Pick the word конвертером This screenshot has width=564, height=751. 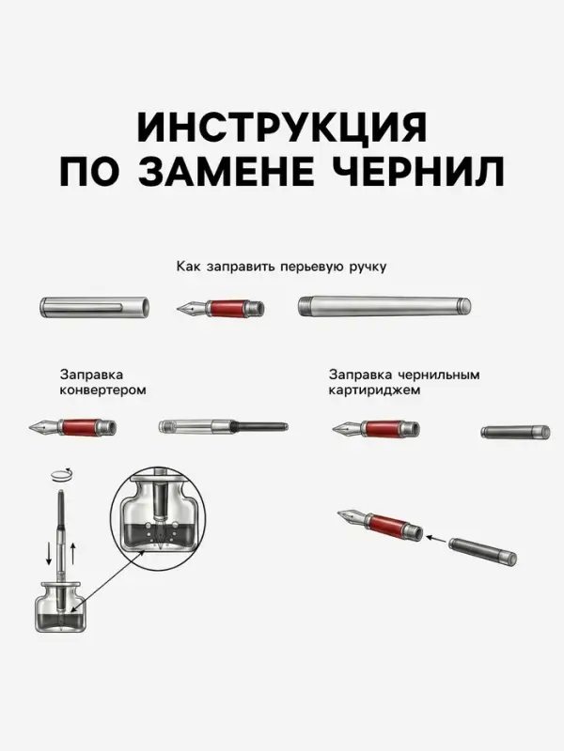click(x=102, y=390)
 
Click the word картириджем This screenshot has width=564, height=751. click(x=372, y=390)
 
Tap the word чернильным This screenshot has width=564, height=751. click(x=436, y=374)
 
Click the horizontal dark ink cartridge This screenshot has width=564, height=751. click(x=512, y=432)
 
